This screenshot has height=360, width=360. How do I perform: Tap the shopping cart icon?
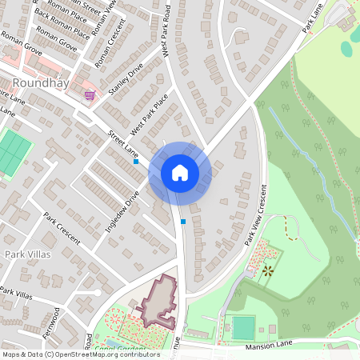point(90,95)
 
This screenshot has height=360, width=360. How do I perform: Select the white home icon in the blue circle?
point(179,172)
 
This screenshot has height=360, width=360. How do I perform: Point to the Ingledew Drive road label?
point(122,211)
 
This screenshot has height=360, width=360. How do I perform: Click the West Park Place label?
point(150,113)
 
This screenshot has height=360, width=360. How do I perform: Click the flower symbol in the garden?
point(266,271)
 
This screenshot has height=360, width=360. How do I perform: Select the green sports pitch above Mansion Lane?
point(243,328)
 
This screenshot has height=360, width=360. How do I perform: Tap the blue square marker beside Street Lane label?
point(136,162)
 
